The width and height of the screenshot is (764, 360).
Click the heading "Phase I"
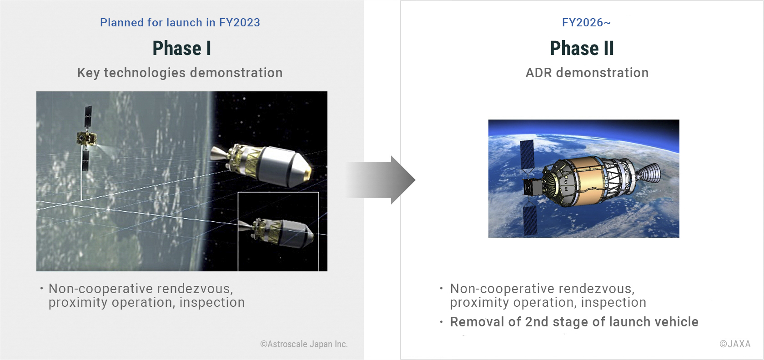point(182,48)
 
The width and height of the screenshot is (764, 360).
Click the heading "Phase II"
point(582,48)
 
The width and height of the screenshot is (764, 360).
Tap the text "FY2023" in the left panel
point(239,23)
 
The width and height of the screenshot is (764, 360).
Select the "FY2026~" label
point(586,23)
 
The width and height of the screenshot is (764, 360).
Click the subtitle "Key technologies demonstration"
point(180,73)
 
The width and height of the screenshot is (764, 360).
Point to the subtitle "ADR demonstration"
point(587,73)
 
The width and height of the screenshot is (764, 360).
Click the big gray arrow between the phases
point(381,180)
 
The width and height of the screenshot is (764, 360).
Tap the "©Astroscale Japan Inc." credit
point(304,344)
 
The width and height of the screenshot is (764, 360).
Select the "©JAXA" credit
point(735,344)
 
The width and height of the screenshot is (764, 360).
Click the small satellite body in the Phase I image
point(86,139)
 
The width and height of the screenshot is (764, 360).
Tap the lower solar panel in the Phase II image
point(530,219)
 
